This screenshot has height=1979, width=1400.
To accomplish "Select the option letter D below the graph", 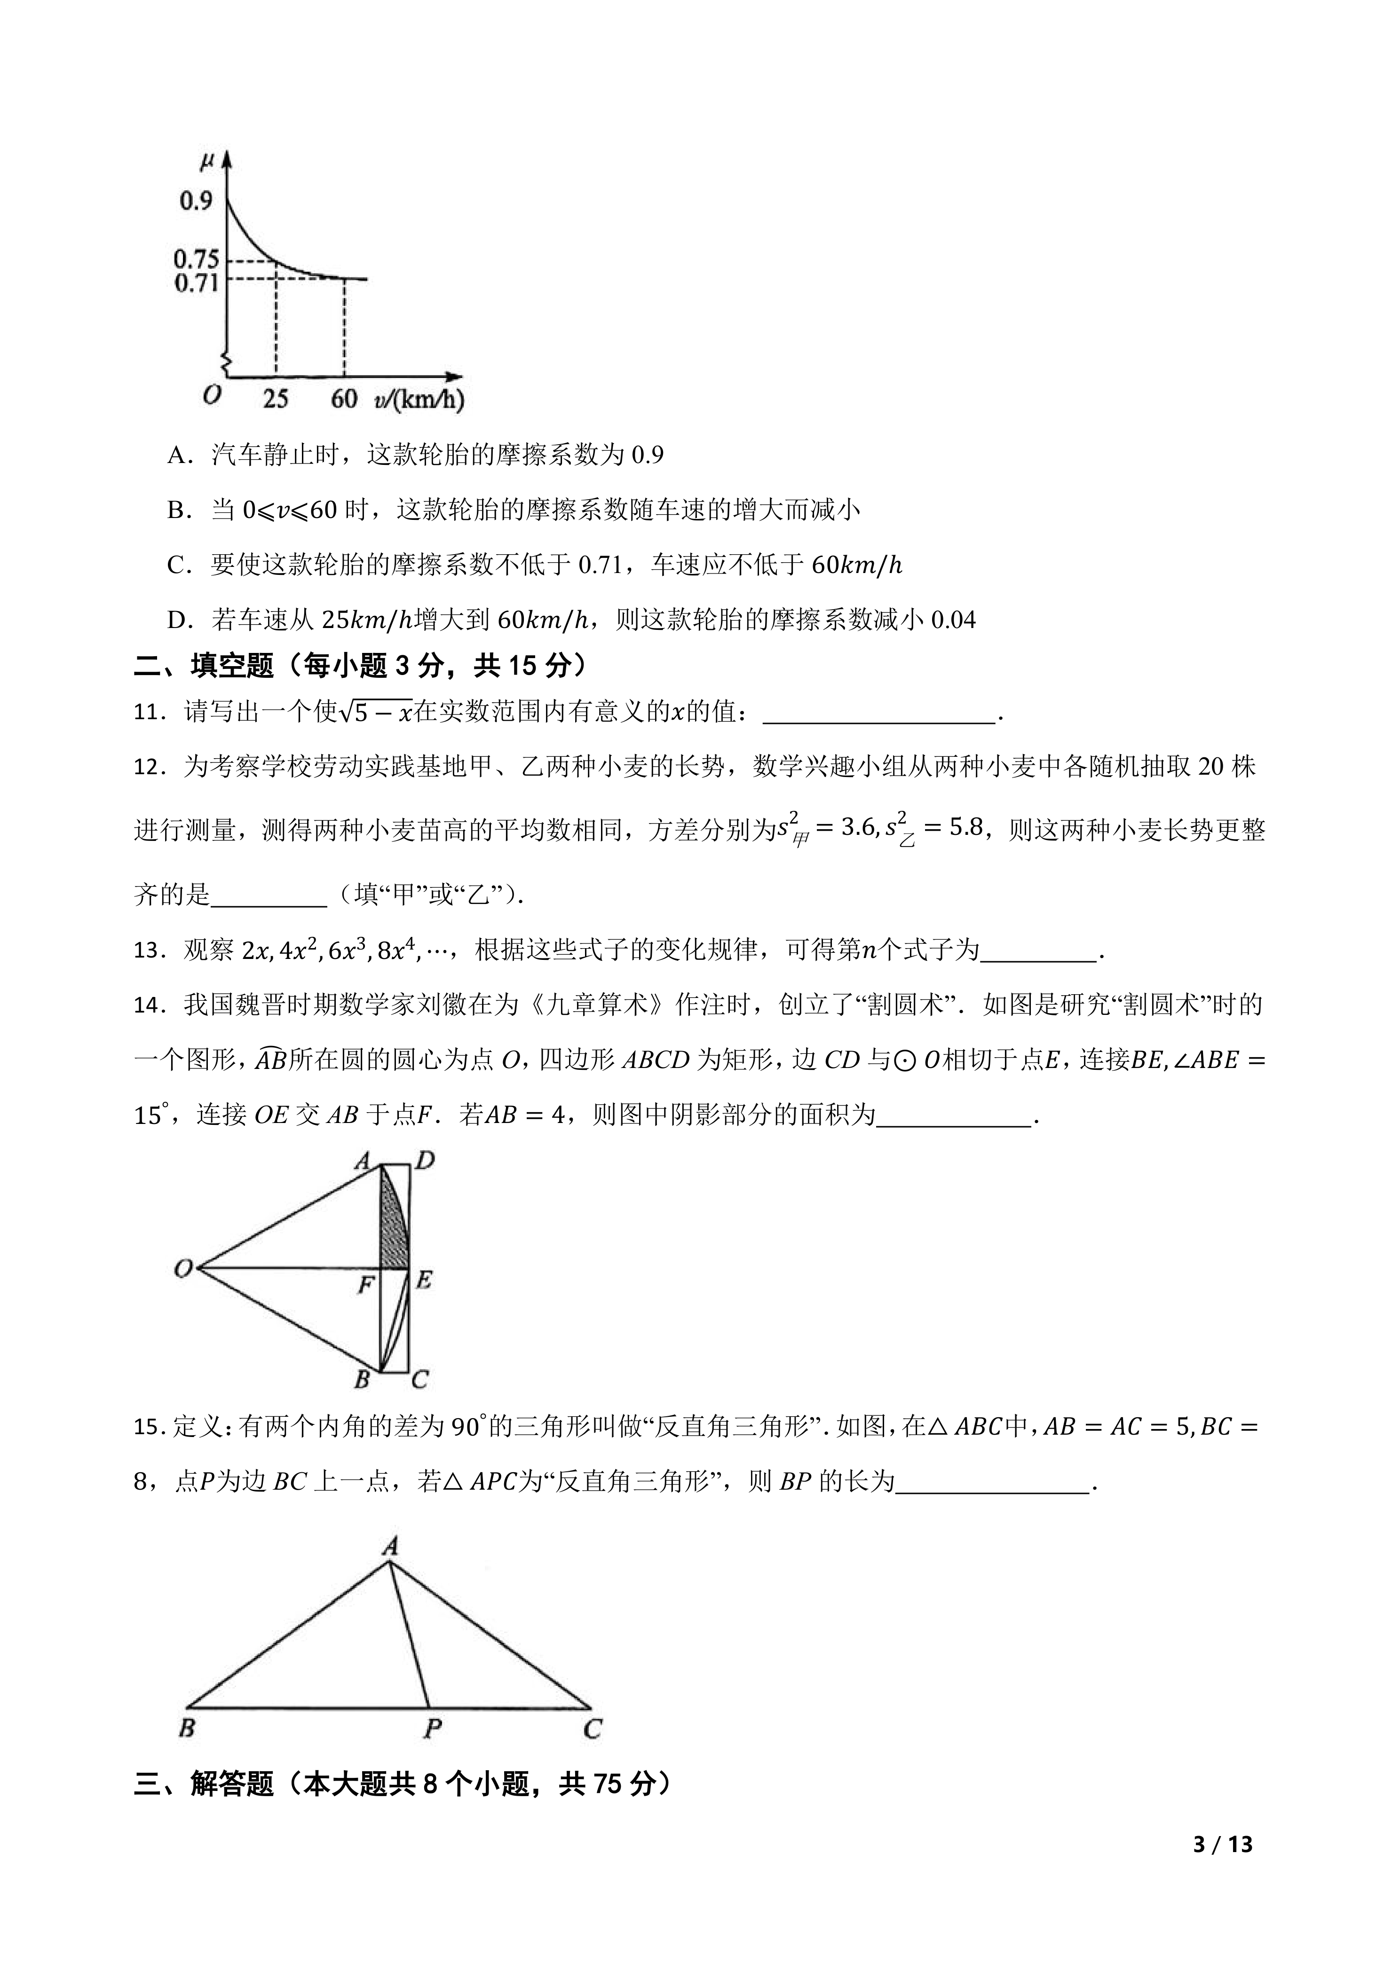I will (x=178, y=620).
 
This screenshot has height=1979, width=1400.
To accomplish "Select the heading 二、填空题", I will (x=204, y=665).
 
